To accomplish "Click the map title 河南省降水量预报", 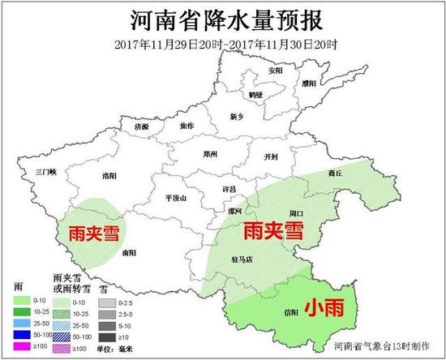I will click(223, 19).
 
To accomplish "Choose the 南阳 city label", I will click(129, 252).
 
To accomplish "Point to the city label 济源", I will click(142, 126).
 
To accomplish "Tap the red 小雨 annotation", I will click(323, 306).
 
